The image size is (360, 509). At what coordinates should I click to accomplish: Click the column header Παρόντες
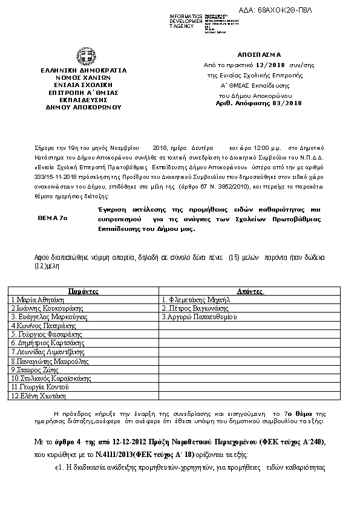pyautogui.click(x=82, y=290)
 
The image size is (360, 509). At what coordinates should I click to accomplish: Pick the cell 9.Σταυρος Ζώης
pyautogui.click(x=34, y=369)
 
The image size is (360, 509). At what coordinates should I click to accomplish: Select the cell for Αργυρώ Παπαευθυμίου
pyautogui.click(x=199, y=316)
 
